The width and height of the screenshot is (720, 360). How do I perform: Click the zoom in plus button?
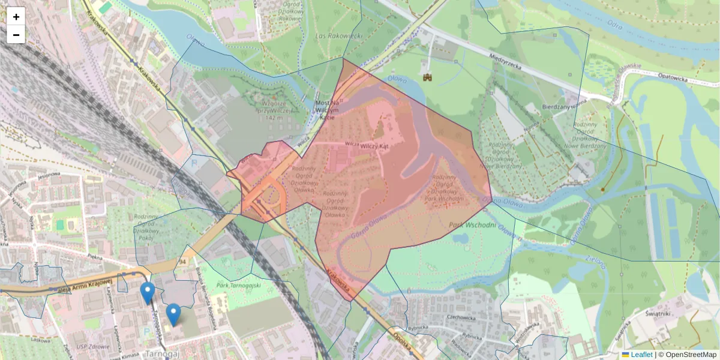tap(16, 17)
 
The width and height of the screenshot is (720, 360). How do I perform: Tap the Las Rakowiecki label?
tap(339, 36)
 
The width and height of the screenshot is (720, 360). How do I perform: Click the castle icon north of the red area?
tap(428, 77)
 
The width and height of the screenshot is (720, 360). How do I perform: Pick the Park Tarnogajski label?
tap(239, 286)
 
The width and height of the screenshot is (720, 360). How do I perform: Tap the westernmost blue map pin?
tap(147, 292)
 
